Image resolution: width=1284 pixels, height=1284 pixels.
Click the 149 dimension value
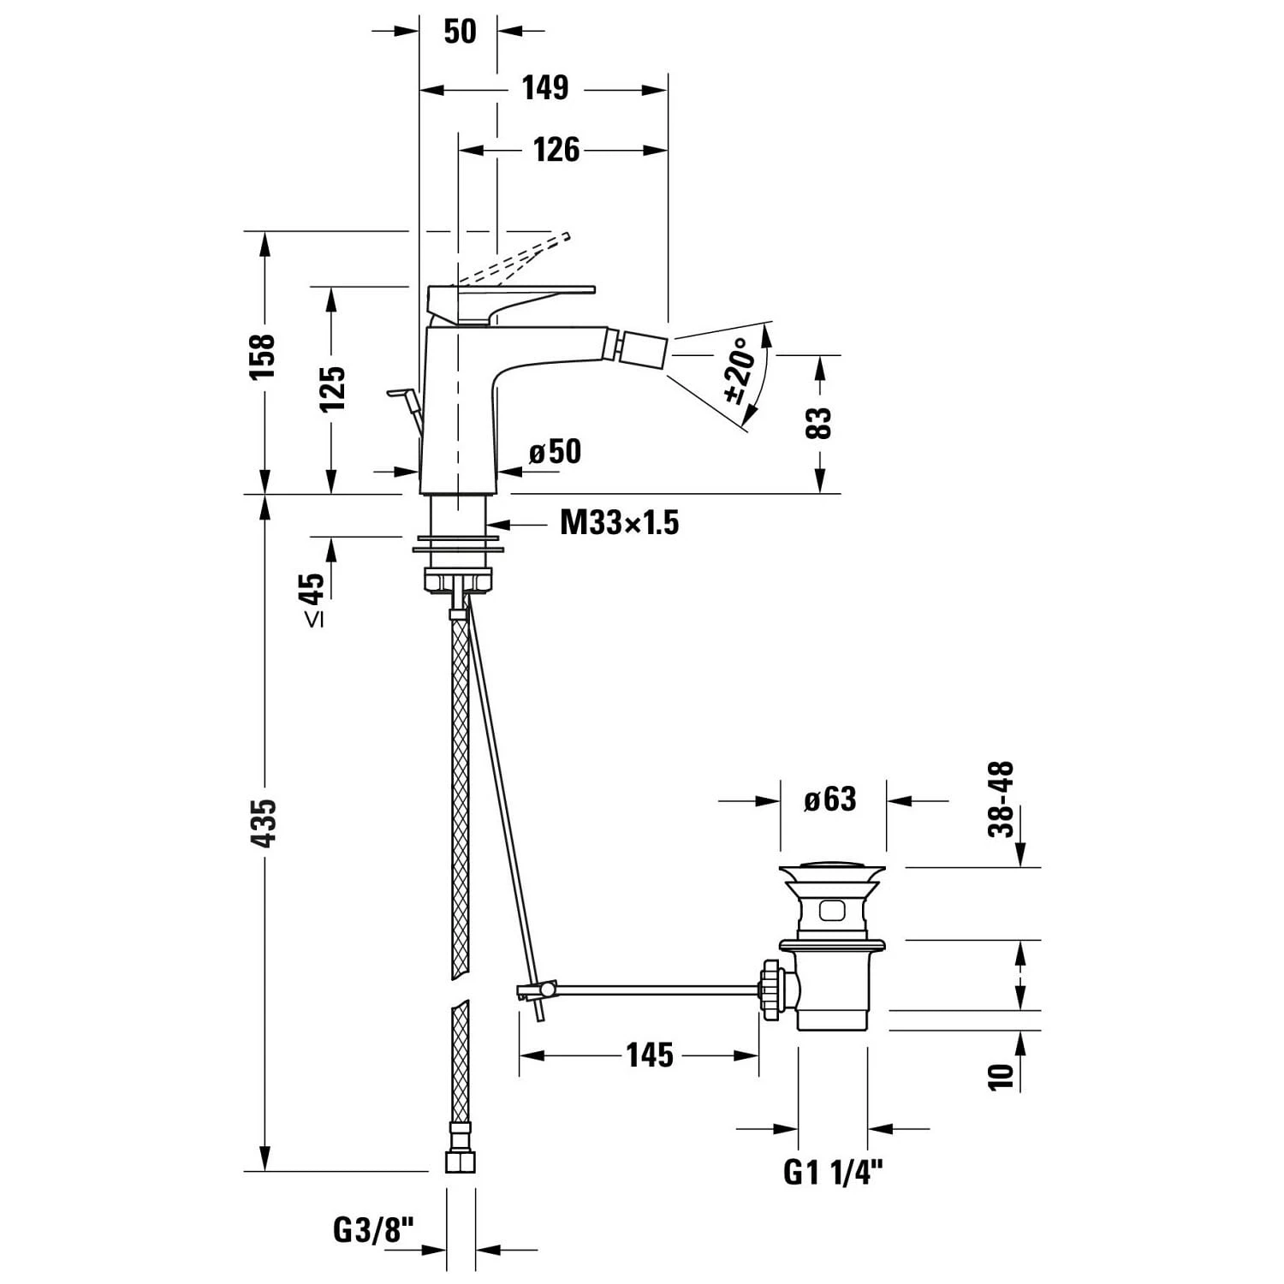545,88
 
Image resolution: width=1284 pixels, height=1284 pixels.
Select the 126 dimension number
556,150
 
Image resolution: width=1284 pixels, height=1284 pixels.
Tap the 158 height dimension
262,357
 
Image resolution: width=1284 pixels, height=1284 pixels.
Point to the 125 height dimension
332,389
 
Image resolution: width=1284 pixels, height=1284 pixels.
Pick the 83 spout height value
819,423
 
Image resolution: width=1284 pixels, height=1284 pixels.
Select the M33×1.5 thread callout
619,522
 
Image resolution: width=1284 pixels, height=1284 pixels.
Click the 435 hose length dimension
263,823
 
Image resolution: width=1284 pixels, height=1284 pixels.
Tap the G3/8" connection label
373,1231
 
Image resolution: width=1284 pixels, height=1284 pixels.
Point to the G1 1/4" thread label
832,1172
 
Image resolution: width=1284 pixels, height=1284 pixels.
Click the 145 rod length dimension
649,1055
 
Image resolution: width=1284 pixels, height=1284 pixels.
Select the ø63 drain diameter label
829,800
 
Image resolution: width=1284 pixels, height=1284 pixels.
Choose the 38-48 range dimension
1001,800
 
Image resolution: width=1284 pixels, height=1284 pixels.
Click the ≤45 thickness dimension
312,599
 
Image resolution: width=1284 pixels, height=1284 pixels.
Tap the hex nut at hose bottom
461,1161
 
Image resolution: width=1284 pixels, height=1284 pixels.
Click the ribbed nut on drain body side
772,990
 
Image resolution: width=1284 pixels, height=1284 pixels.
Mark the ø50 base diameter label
555,452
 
